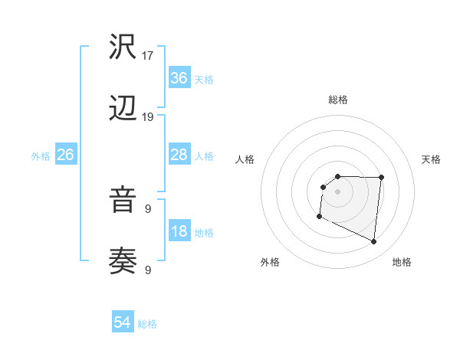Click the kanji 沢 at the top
point(123,47)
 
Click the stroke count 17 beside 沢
point(149,55)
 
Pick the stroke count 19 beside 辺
point(149,117)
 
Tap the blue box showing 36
point(179,78)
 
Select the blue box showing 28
point(179,155)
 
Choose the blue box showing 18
point(179,231)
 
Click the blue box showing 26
point(66,155)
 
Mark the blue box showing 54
point(123,322)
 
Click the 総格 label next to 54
point(148,324)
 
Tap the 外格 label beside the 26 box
point(41,156)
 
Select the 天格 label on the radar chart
point(431,159)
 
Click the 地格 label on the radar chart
point(402,262)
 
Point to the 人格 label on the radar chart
point(245,159)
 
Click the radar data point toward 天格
point(381,178)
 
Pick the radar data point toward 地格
point(374,242)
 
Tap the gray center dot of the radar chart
point(337,191)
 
